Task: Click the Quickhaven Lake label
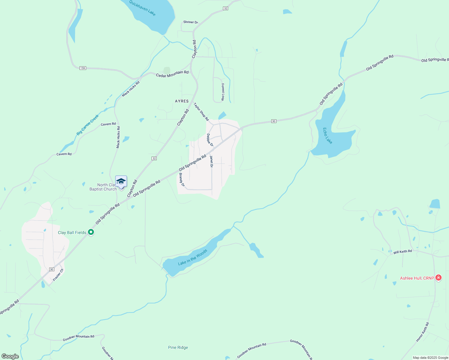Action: pyautogui.click(x=142, y=8)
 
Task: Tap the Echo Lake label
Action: pyautogui.click(x=327, y=136)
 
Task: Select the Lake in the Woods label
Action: pyautogui.click(x=192, y=257)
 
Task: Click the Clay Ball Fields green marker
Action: pyautogui.click(x=91, y=232)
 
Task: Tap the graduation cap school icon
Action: pyautogui.click(x=121, y=181)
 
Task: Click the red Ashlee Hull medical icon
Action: pyautogui.click(x=438, y=278)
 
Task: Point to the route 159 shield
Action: pyautogui.click(x=83, y=68)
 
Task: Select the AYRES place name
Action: pyautogui.click(x=182, y=101)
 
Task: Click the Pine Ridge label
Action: pyautogui.click(x=178, y=347)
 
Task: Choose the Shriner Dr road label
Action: pyautogui.click(x=191, y=22)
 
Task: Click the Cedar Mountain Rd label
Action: pyautogui.click(x=172, y=74)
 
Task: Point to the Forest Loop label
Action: pyautogui.click(x=223, y=92)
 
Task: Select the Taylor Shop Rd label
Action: pyautogui.click(x=201, y=112)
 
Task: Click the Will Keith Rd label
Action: pyautogui.click(x=402, y=252)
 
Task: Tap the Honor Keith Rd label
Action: pyautogui.click(x=423, y=332)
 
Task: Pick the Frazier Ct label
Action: pyautogui.click(x=58, y=275)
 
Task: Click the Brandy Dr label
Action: pyautogui.click(x=182, y=180)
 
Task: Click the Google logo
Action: pyautogui.click(x=10, y=356)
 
